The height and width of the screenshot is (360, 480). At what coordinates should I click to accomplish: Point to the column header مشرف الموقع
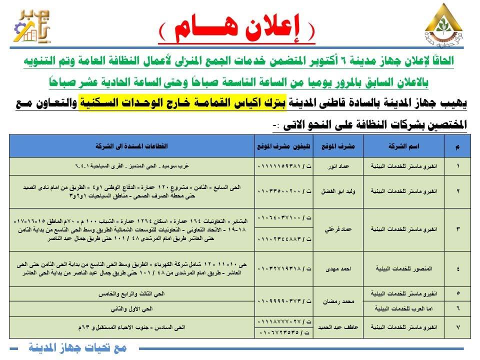[343, 146]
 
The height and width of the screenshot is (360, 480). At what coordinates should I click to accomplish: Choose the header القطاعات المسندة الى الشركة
[132, 146]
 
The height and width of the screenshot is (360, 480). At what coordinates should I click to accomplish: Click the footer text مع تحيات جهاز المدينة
[77, 346]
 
